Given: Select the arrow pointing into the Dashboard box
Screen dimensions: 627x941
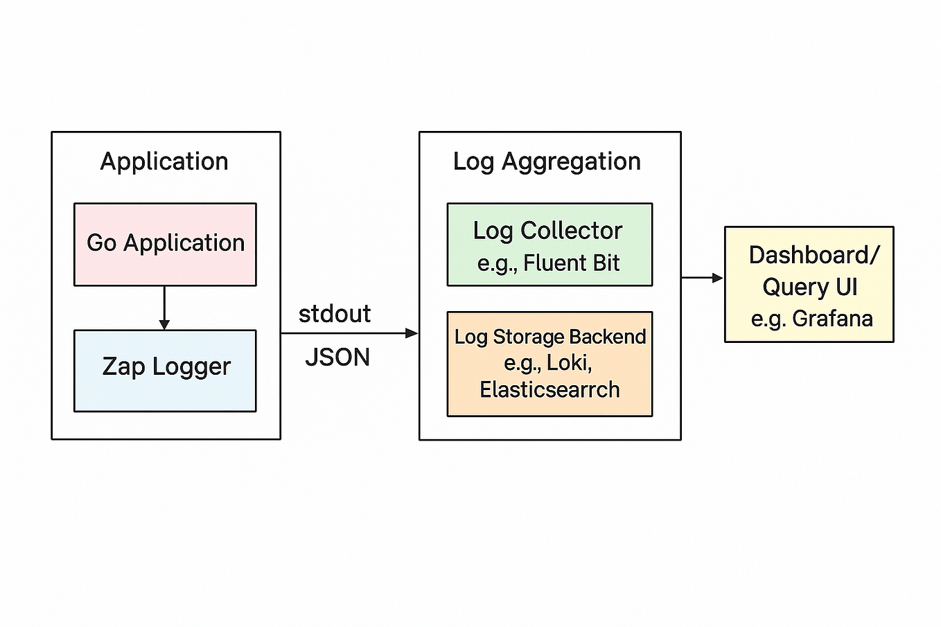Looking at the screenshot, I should click(703, 278).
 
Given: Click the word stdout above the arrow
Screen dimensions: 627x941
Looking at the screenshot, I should click(335, 314).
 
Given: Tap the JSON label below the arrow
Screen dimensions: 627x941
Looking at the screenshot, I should click(337, 357).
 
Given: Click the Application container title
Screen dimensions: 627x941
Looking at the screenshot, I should click(164, 161).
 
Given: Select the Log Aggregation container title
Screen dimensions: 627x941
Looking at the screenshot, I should click(547, 161).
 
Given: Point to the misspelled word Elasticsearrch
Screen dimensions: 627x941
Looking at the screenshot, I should click(549, 389).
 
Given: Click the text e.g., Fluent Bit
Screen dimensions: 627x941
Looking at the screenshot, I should click(548, 263).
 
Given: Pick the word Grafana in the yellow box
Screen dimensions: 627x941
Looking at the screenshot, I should click(832, 319).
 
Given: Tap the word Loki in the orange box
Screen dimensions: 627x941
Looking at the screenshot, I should click(568, 362).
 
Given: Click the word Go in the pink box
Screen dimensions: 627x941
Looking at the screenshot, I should click(101, 242).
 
